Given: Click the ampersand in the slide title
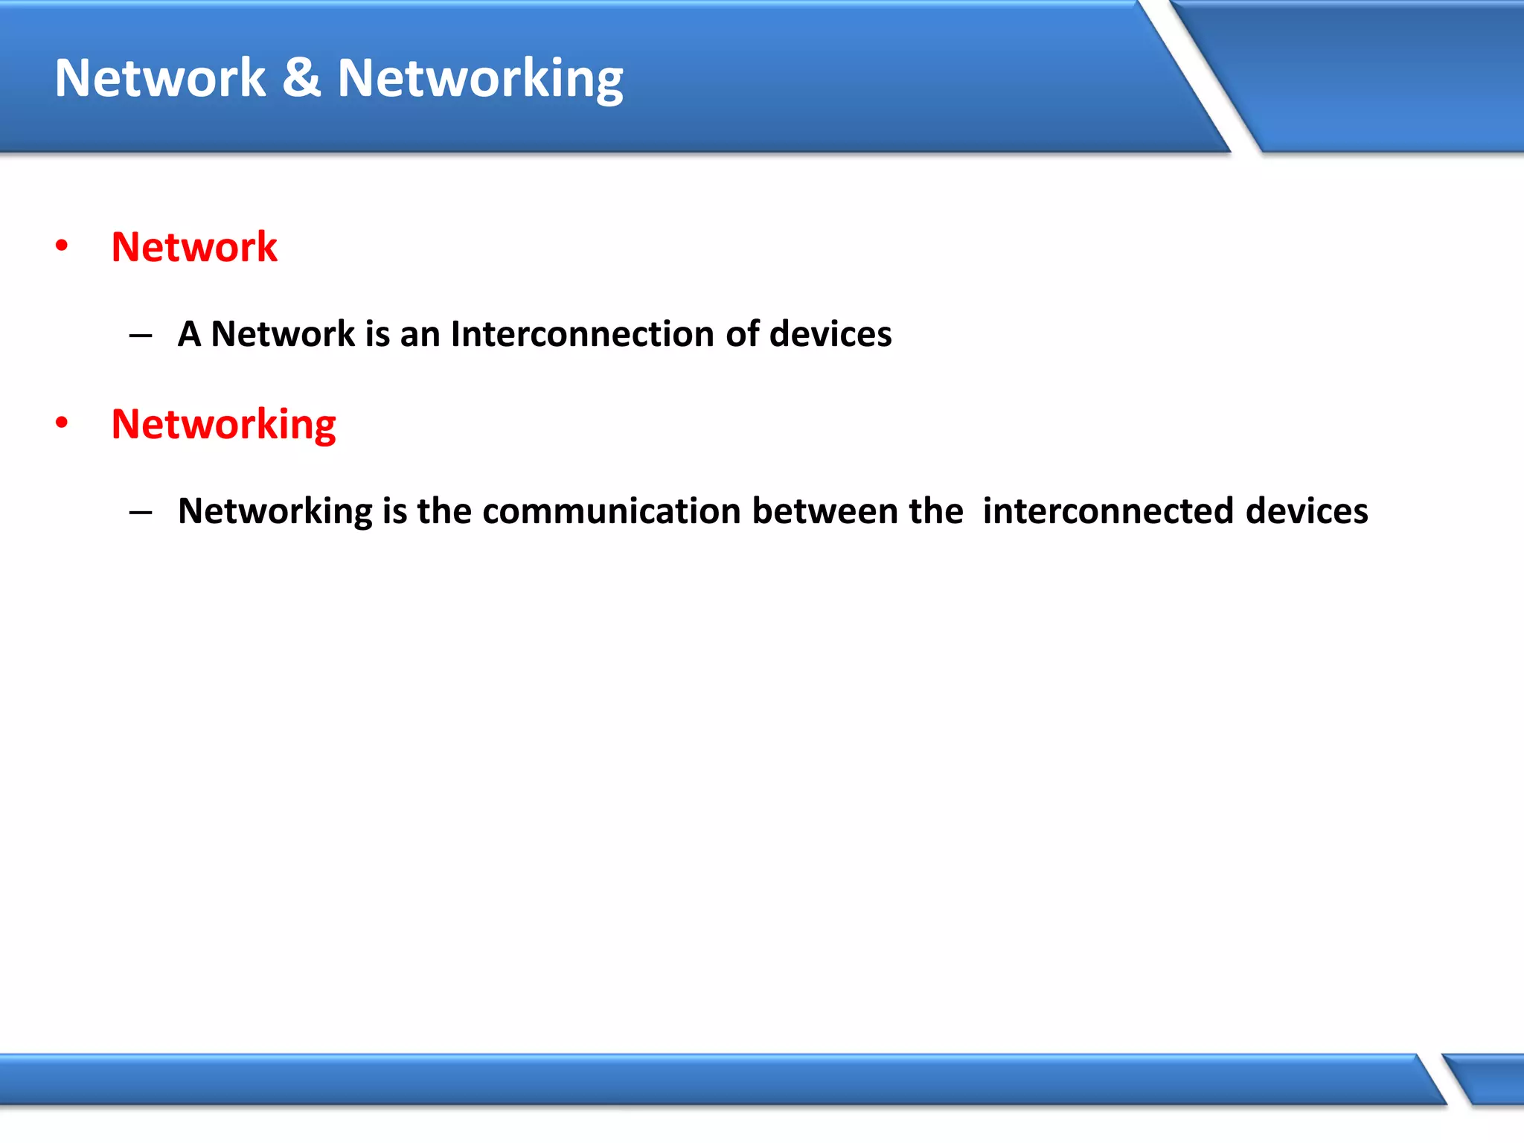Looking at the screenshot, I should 301,77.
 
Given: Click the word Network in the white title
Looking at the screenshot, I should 160,77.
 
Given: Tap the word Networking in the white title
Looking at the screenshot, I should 480,79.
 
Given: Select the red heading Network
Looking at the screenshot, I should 194,247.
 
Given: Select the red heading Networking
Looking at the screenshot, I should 223,425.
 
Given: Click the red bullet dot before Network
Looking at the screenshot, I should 62,246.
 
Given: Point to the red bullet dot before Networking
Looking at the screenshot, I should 62,423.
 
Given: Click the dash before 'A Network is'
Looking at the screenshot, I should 141,336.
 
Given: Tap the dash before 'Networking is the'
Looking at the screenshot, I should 141,512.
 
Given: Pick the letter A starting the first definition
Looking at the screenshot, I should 189,333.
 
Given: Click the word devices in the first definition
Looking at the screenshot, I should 830,333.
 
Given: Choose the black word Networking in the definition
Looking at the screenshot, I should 275,512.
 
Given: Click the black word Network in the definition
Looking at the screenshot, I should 284,333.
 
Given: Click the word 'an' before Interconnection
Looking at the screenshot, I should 420,334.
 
